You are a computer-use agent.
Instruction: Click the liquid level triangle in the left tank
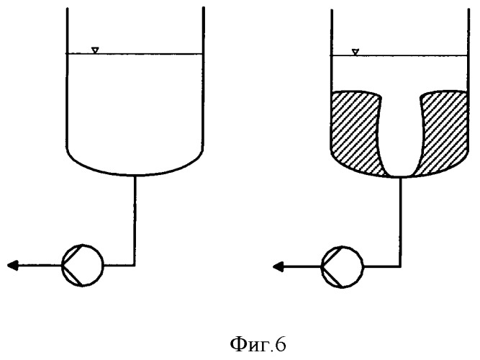[x=95, y=50]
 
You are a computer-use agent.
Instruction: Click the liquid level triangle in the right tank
[x=355, y=52]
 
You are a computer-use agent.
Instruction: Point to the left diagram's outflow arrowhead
[x=12, y=266]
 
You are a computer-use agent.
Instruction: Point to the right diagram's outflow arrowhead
[x=279, y=267]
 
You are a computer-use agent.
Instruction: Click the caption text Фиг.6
[x=258, y=345]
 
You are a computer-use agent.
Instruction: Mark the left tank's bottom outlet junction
[x=135, y=176]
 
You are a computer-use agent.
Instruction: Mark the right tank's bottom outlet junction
[x=400, y=177]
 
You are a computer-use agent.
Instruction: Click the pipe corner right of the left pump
[x=135, y=266]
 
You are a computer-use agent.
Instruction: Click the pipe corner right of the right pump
[x=399, y=267]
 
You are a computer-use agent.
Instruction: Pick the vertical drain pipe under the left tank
[x=135, y=220]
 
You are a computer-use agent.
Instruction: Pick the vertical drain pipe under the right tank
[x=400, y=222]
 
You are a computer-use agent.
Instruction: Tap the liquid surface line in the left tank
[x=135, y=54]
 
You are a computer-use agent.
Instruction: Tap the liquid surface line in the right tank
[x=399, y=55]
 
